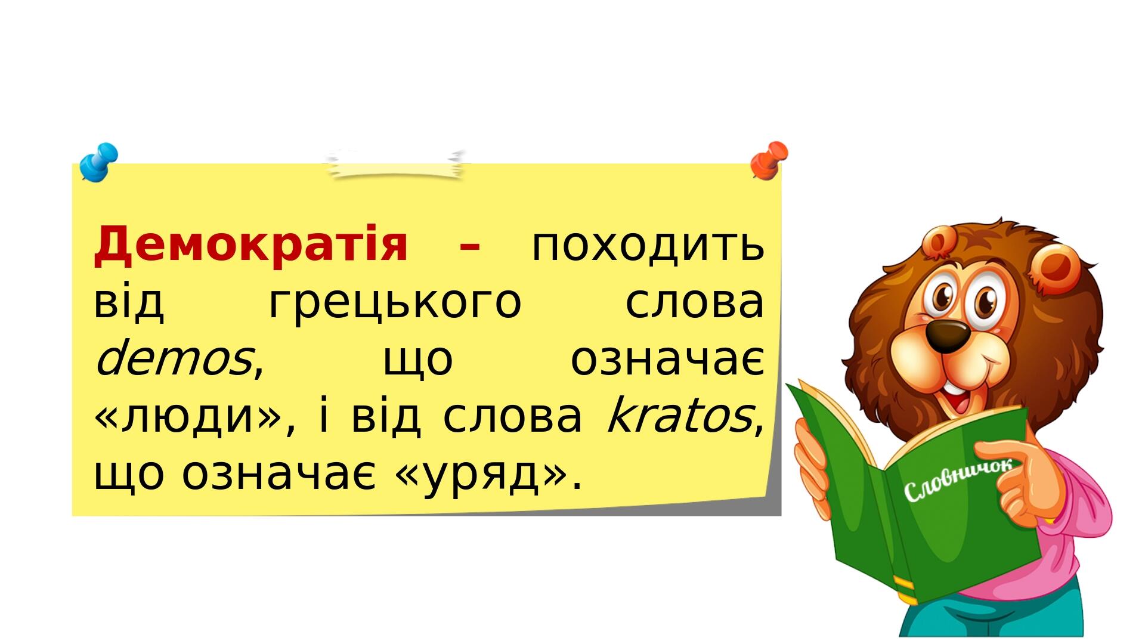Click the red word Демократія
pyautogui.click(x=250, y=244)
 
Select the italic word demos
pyautogui.click(x=173, y=359)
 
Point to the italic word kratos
pyautogui.click(x=679, y=415)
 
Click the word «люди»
pyautogui.click(x=194, y=417)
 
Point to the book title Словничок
pyautogui.click(x=958, y=481)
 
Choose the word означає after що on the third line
pyautogui.click(x=667, y=360)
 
